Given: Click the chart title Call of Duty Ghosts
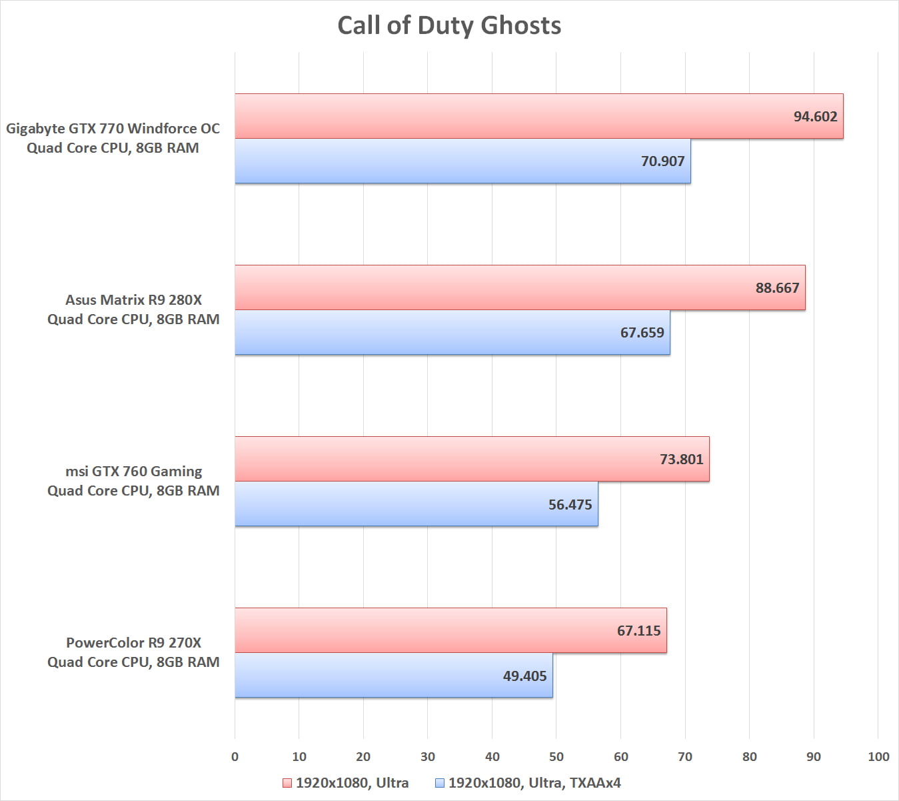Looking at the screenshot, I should tap(449, 25).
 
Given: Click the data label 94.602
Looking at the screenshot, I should tap(815, 116).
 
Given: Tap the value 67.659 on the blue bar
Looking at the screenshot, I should tap(642, 332).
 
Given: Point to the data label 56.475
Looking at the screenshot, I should tap(570, 504).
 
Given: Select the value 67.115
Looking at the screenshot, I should tap(638, 630).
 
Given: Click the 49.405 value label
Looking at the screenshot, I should tap(524, 676).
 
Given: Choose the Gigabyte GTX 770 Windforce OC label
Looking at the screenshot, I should tap(113, 128).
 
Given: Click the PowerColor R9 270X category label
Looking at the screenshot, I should tap(133, 642).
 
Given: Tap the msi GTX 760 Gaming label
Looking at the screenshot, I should tap(133, 471).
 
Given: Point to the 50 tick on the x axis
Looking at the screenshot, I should tap(556, 756).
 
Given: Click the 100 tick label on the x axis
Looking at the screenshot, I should tap(878, 756).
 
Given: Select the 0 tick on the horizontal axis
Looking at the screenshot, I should tap(235, 756).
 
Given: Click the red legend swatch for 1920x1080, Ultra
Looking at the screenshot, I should tap(287, 783).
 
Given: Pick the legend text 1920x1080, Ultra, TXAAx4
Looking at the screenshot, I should tap(534, 783).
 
